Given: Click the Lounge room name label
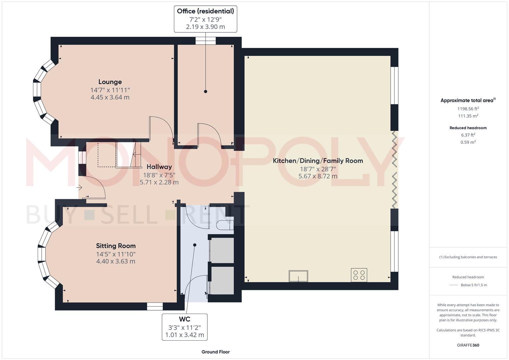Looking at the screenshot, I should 110,82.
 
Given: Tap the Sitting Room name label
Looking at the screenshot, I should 116,246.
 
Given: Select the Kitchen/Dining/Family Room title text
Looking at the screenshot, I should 318,161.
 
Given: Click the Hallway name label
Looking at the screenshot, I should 159,167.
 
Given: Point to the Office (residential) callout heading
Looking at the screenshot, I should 205,11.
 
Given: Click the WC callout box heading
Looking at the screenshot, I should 185,319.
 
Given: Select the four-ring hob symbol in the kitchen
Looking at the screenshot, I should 359,275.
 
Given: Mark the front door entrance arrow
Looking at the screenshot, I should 80,188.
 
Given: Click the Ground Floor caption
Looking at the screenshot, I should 215,352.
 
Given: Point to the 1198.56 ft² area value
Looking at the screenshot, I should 468,109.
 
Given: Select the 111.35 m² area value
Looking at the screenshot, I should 468,116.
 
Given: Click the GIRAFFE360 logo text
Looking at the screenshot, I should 468,345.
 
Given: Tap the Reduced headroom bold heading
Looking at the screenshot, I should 468,128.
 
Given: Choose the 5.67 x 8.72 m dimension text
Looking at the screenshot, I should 318,176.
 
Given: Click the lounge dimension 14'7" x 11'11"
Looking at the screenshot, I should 110,90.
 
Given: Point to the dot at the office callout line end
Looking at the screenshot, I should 206,91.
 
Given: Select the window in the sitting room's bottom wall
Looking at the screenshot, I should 155,306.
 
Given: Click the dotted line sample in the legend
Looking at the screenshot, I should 453,285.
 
